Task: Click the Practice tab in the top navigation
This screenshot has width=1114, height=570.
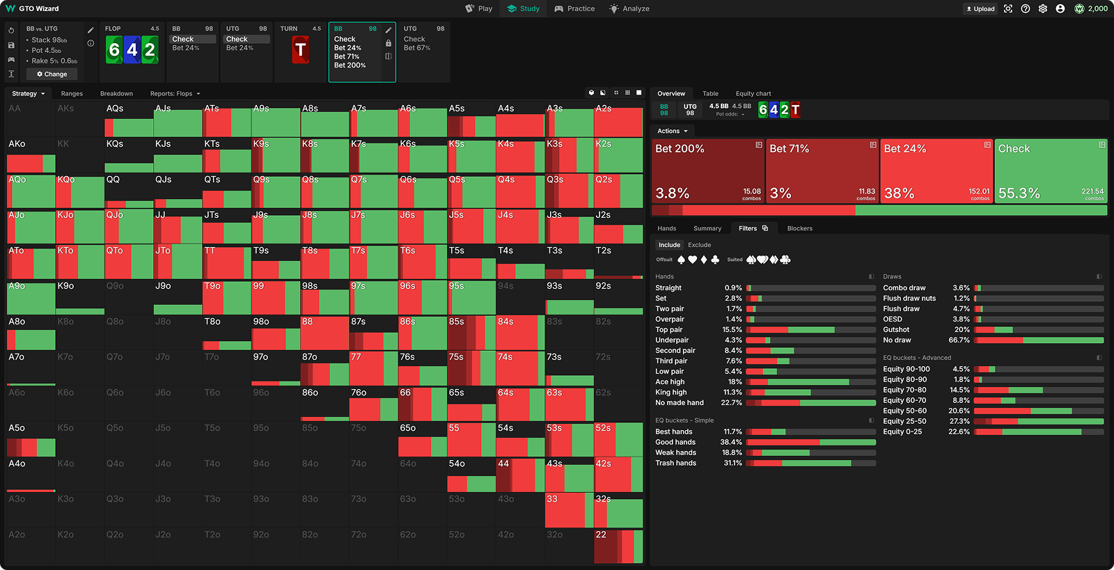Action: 574,8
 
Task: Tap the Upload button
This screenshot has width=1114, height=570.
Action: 980,8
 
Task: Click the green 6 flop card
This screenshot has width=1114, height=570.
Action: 114,50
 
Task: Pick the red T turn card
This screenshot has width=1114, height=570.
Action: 300,50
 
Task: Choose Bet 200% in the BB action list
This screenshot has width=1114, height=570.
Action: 350,65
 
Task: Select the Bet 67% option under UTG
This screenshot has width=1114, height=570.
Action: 417,48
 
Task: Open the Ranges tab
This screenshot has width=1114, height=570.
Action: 72,93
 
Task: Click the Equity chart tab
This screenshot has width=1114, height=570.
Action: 753,93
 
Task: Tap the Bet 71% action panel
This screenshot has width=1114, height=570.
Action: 822,171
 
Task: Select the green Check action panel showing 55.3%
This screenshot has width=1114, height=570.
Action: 1051,171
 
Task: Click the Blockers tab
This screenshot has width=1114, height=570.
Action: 799,228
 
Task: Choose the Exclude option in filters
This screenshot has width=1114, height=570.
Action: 699,245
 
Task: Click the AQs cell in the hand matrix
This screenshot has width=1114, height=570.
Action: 129,119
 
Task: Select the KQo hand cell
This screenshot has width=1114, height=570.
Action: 80,191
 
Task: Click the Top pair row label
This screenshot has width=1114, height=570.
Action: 668,330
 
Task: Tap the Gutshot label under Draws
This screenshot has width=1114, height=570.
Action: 896,330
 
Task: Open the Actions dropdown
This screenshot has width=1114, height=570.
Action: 672,131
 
